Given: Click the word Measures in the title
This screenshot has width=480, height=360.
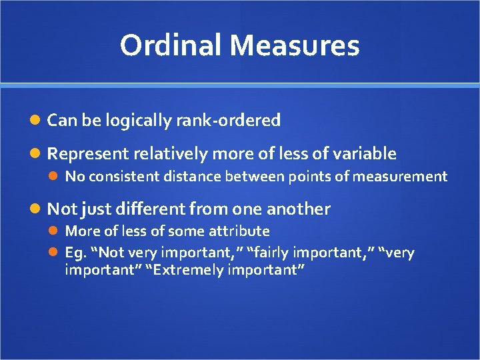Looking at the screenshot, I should (295, 45).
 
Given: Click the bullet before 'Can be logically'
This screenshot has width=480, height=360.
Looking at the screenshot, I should (37, 121).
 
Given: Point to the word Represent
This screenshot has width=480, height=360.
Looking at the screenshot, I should (88, 154).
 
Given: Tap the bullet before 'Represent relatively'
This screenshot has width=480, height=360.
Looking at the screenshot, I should (37, 154).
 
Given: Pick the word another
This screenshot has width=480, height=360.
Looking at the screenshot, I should (298, 209).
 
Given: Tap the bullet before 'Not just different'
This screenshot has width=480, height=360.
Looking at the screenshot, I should (37, 209).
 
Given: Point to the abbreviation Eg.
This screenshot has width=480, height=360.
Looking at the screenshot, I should (73, 253).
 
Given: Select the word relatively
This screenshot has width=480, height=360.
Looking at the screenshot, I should (171, 154).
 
